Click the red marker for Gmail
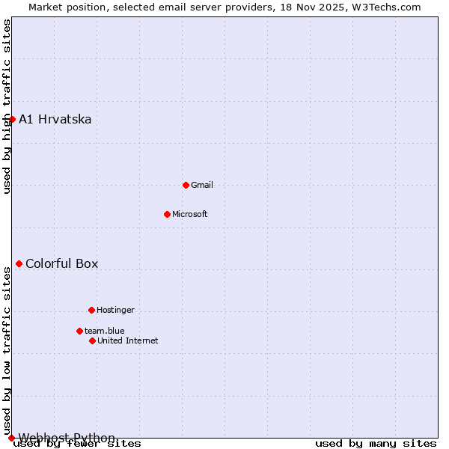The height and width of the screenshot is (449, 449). click(x=186, y=185)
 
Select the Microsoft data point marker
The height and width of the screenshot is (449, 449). click(x=167, y=214)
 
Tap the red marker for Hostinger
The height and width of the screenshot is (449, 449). click(x=91, y=310)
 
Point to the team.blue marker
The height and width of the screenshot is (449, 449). click(x=79, y=331)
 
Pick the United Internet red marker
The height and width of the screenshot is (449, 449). click(x=92, y=340)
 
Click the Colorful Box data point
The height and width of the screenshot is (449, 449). click(x=19, y=263)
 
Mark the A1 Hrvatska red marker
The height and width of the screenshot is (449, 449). click(x=12, y=119)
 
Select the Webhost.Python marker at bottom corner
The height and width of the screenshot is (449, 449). click(x=11, y=438)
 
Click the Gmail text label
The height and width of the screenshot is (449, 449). click(x=202, y=185)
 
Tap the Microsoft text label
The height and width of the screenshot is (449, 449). click(x=190, y=214)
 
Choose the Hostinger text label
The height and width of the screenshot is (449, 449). click(x=115, y=310)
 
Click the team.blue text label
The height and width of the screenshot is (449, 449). click(x=105, y=331)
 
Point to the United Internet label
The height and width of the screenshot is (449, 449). click(x=128, y=340)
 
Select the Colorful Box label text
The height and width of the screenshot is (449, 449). click(x=61, y=263)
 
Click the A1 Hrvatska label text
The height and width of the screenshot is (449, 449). click(x=55, y=119)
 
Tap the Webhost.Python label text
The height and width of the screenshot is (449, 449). click(x=67, y=438)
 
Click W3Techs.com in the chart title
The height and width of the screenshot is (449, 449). click(x=385, y=7)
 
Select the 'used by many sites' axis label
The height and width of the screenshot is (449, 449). click(x=376, y=444)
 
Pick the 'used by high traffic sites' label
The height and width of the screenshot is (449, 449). click(x=7, y=106)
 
